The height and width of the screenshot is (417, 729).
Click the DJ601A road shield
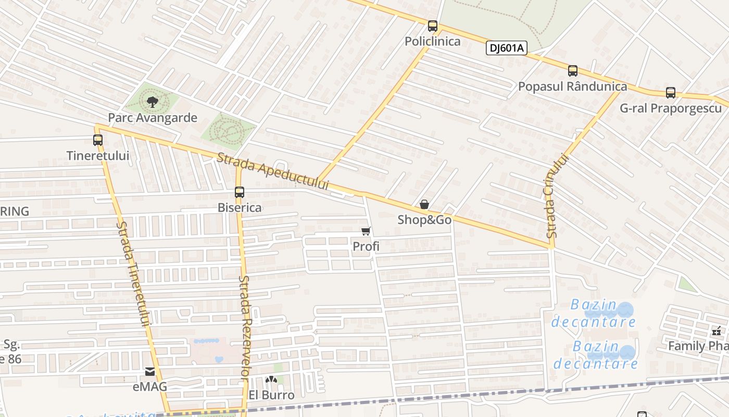point(507,48)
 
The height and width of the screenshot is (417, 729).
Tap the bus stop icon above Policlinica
point(433,26)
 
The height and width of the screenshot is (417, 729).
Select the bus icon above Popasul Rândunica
point(573,71)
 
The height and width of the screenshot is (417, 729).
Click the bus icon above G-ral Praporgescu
point(671,93)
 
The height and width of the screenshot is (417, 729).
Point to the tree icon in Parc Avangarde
point(152,102)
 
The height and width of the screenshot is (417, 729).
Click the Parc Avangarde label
point(153,118)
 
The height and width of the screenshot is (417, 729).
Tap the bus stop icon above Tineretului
point(98,140)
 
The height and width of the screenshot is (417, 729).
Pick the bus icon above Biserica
point(240,192)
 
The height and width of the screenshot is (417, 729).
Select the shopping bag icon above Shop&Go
point(424,204)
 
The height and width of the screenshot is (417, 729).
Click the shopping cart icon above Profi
point(366,231)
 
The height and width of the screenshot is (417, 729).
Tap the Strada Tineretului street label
point(133,274)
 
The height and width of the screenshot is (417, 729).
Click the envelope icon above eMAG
point(150,372)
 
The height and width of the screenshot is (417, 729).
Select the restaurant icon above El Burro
point(271,380)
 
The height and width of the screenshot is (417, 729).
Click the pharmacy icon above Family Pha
point(717,331)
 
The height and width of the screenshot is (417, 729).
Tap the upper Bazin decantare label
point(594,313)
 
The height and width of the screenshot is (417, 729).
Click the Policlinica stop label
point(433,42)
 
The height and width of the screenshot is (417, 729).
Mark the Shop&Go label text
point(424,220)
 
